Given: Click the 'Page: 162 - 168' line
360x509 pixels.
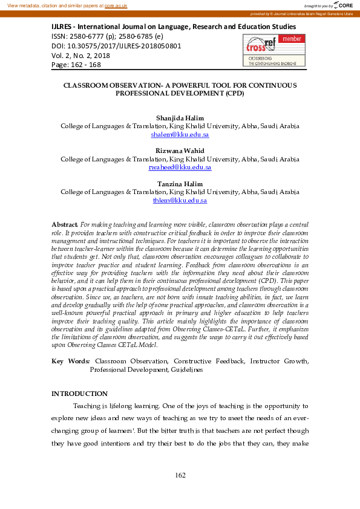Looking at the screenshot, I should click(x=77, y=65).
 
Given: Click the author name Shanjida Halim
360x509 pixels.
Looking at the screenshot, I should click(x=180, y=118).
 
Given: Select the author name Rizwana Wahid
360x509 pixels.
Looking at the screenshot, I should click(x=180, y=150).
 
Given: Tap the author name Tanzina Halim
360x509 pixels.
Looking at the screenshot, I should click(x=180, y=183).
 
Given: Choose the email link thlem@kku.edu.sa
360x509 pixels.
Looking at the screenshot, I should click(x=180, y=200).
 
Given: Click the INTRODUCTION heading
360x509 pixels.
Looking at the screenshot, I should click(x=79, y=394).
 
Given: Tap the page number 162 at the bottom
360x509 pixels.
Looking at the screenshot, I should click(x=180, y=476).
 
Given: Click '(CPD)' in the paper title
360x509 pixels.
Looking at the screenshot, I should click(x=233, y=94).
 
